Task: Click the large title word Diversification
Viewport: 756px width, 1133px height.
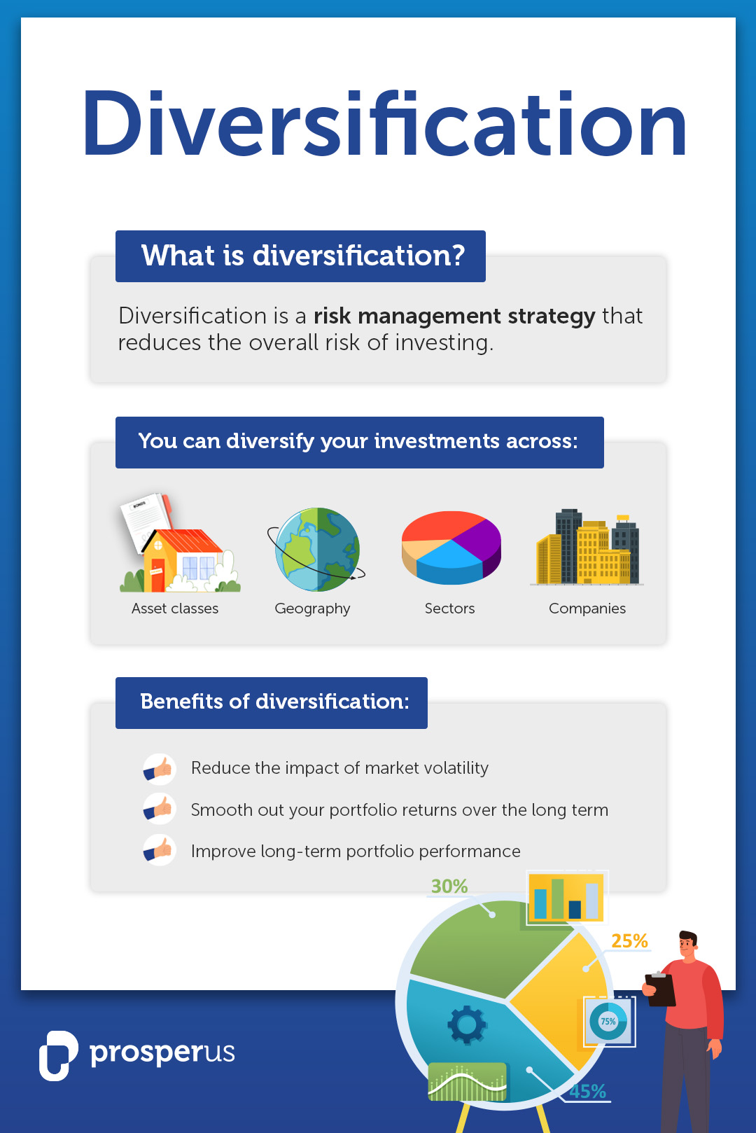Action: [x=384, y=123]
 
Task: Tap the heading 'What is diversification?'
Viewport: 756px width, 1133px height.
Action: [x=303, y=256]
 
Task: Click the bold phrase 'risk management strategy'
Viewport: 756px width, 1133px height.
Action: [x=454, y=316]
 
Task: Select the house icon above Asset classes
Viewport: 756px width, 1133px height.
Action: [x=179, y=543]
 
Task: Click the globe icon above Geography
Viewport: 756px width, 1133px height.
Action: [x=316, y=549]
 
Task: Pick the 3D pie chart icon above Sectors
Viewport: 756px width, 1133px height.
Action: [x=451, y=548]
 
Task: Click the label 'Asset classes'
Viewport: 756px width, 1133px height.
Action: [x=175, y=609]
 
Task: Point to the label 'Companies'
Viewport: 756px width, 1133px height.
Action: [x=587, y=609]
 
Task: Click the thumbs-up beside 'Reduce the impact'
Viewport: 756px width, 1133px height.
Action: [x=160, y=769]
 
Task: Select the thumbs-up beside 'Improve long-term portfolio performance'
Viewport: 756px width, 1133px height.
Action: [x=160, y=850]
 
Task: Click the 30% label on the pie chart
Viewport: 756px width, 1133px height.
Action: [x=449, y=887]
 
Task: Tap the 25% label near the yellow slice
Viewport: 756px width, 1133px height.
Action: [x=629, y=941]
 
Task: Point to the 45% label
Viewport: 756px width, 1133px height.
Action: [x=587, y=1092]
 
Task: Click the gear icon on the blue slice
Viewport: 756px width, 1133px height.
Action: [x=467, y=1024]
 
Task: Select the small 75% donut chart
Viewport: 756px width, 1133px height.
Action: [x=608, y=1021]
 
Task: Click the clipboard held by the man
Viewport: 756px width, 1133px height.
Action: [x=659, y=989]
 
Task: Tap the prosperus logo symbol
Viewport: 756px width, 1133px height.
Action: [x=59, y=1055]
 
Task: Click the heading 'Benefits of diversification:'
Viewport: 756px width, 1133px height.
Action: [x=274, y=702]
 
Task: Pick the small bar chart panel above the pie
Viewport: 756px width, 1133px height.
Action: [x=566, y=896]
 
